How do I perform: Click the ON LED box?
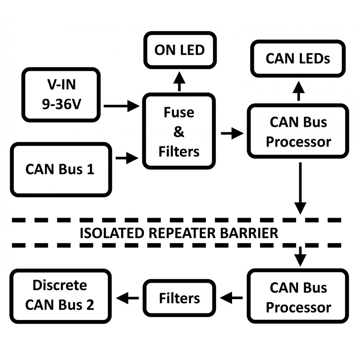pyautogui.click(x=179, y=50)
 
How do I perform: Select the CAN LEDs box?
pyautogui.click(x=298, y=59)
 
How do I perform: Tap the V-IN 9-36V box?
pyautogui.click(x=61, y=95)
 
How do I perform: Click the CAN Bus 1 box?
pyautogui.click(x=61, y=170)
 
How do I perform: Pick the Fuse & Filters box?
pyautogui.click(x=179, y=132)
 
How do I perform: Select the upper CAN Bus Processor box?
pyautogui.click(x=298, y=132)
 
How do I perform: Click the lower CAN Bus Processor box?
pyautogui.click(x=298, y=297)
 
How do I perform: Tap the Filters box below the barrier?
pyautogui.click(x=179, y=298)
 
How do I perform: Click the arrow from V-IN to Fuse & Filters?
pyautogui.click(x=121, y=106)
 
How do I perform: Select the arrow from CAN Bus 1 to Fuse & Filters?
pyautogui.click(x=127, y=158)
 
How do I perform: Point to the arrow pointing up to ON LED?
pyautogui.click(x=179, y=81)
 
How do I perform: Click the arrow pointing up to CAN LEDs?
pyautogui.click(x=298, y=91)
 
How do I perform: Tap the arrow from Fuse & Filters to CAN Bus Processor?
pyautogui.click(x=232, y=133)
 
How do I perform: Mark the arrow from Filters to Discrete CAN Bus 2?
pyautogui.click(x=128, y=298)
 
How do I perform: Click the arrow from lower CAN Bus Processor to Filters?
pyautogui.click(x=231, y=298)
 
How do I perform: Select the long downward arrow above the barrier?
pyautogui.click(x=300, y=188)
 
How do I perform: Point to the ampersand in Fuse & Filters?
pyautogui.click(x=179, y=132)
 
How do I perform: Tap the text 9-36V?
pyautogui.click(x=61, y=104)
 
